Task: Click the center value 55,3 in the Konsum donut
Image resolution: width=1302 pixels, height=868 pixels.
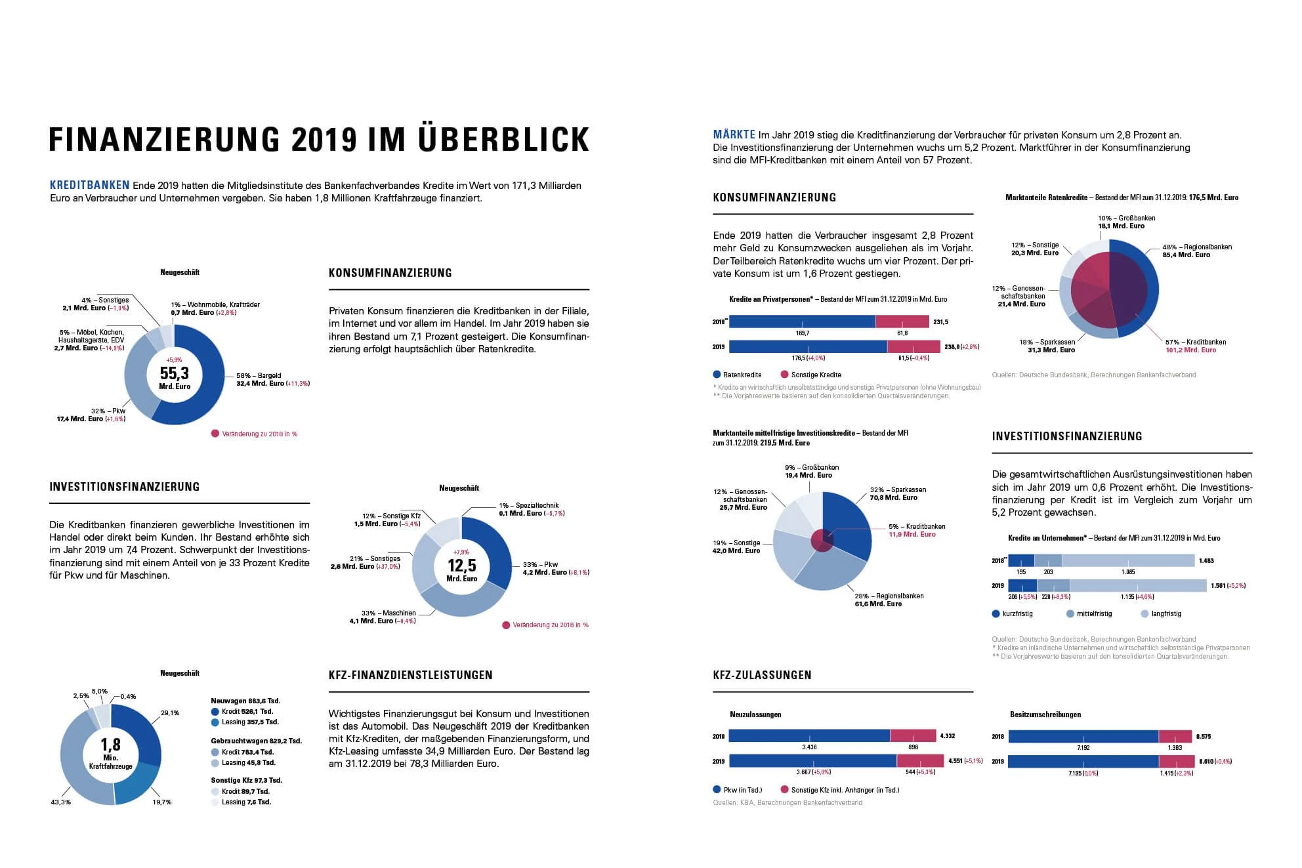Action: click(174, 373)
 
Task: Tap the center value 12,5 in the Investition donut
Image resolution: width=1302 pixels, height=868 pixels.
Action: click(461, 565)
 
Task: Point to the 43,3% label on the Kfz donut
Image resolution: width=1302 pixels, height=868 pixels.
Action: click(60, 802)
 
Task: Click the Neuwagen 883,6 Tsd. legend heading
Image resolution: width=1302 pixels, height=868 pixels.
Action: click(245, 701)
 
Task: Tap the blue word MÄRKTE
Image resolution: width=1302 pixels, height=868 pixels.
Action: click(734, 134)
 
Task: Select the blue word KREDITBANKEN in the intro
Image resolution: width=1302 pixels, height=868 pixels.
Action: click(90, 185)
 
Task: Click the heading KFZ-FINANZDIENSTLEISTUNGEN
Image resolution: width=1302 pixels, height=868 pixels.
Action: click(410, 674)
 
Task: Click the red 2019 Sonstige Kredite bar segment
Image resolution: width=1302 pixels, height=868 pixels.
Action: click(913, 346)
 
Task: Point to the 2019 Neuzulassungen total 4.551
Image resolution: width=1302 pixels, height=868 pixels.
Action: click(955, 761)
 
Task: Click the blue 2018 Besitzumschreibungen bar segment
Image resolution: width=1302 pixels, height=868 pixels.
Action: click(1083, 736)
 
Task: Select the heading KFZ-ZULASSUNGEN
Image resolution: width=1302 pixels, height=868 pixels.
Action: click(762, 674)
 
